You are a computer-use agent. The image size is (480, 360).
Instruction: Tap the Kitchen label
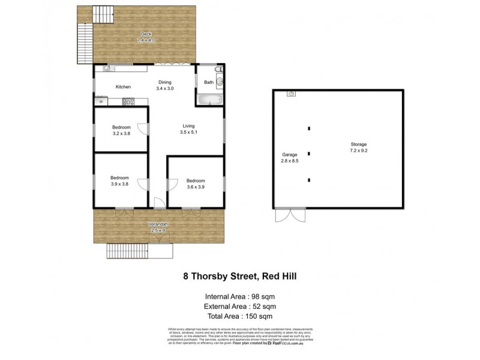[123, 87]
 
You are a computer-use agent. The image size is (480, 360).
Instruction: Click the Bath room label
[208, 82]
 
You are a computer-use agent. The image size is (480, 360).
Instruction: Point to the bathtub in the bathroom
[209, 100]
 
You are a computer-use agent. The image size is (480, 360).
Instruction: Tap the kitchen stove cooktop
[127, 101]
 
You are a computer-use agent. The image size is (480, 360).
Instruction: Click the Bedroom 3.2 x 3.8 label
[121, 130]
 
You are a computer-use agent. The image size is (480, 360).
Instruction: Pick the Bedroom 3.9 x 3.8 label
[119, 181]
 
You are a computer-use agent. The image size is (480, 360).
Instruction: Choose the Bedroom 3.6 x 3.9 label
[196, 184]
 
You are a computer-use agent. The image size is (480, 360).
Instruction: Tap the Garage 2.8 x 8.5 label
[289, 157]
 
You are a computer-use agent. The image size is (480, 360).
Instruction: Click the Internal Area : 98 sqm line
[239, 296]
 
